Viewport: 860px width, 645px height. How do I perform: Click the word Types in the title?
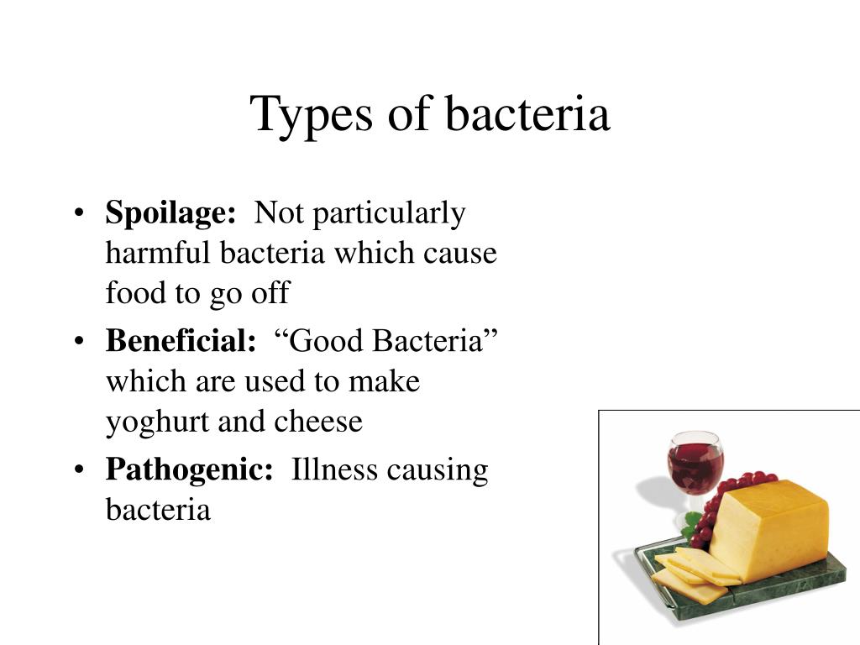tap(311, 116)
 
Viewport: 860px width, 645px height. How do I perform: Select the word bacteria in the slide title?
tap(527, 113)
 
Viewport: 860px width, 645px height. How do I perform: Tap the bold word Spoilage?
tap(170, 212)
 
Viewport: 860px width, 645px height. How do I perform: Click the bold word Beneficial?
tap(181, 341)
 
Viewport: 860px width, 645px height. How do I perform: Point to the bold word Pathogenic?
tap(189, 470)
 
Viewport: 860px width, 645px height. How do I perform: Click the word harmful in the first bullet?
tap(158, 253)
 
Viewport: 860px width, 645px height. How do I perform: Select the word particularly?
tap(390, 214)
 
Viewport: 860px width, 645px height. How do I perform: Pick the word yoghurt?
tap(158, 422)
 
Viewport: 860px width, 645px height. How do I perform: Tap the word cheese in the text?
tap(318, 422)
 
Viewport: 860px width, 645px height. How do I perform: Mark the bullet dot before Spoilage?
tap(80, 212)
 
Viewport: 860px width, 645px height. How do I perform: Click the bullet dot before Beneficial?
tap(80, 341)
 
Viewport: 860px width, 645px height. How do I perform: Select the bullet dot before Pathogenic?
tap(80, 469)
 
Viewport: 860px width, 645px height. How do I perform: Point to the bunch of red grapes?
tap(723, 505)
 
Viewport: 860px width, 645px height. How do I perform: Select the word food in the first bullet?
tap(136, 292)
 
